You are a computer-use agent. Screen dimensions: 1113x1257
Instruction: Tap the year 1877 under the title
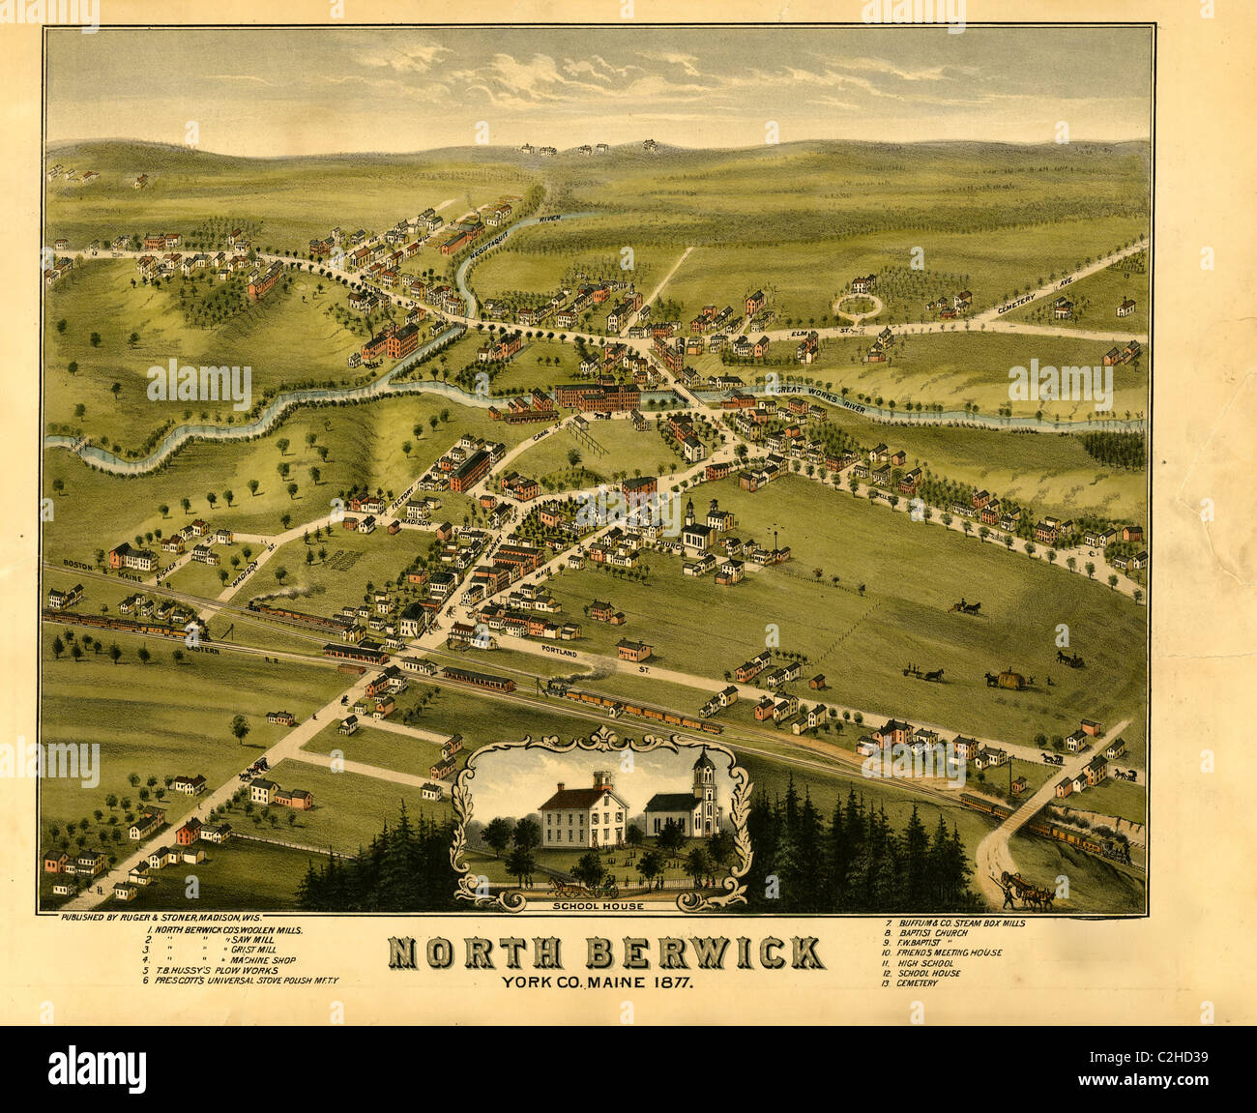click(671, 983)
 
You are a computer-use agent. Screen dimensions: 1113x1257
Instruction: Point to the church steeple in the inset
click(704, 774)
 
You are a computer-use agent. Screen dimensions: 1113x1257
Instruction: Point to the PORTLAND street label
click(561, 655)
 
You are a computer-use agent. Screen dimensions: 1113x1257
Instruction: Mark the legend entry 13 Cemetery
click(914, 982)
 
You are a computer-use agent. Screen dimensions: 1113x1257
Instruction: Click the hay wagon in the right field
click(1008, 679)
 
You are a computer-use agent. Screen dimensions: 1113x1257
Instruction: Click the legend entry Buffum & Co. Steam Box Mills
click(957, 923)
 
